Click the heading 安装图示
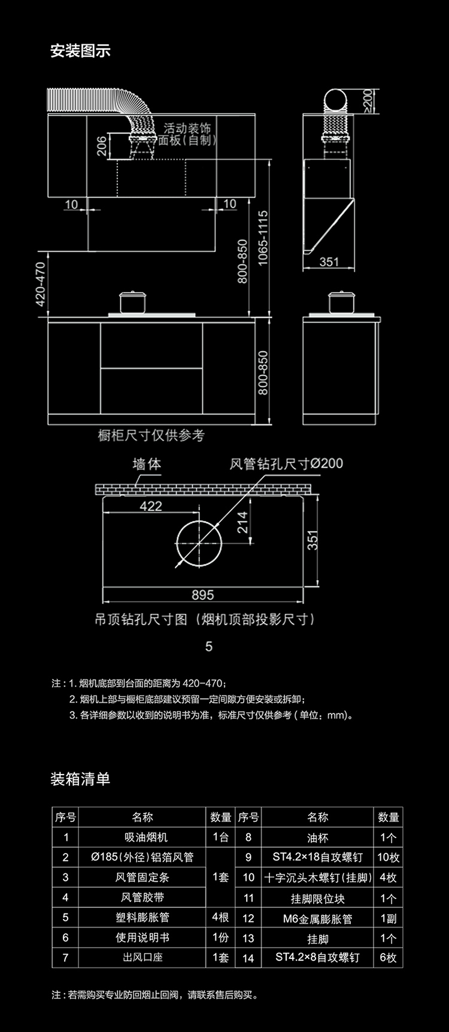pyautogui.click(x=80, y=51)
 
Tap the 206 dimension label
pyautogui.click(x=102, y=146)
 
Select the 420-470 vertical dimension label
pyautogui.click(x=41, y=284)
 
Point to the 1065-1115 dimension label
pyautogui.click(x=263, y=238)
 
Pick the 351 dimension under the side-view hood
pyautogui.click(x=329, y=262)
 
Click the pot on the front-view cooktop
pyautogui.click(x=133, y=302)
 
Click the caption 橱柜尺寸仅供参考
pyautogui.click(x=151, y=435)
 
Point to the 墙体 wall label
pyautogui.click(x=147, y=464)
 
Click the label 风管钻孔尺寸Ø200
pyautogui.click(x=286, y=463)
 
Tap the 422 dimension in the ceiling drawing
pyautogui.click(x=151, y=506)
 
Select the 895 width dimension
pyautogui.click(x=203, y=594)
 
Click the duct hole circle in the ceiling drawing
pyautogui.click(x=199, y=544)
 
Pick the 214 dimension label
pyautogui.click(x=242, y=522)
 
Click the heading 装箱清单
pyautogui.click(x=80, y=779)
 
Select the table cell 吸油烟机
pyautogui.click(x=142, y=837)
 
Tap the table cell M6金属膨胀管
pyautogui.click(x=317, y=918)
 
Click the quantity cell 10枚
pyautogui.click(x=388, y=857)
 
